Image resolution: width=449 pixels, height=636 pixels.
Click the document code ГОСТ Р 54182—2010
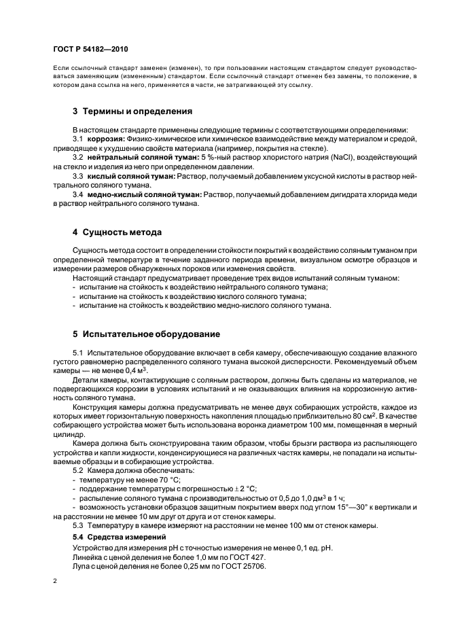[90, 50]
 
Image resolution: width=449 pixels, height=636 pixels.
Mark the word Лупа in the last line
[82, 566]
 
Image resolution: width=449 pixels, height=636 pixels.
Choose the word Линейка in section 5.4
[88, 556]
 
